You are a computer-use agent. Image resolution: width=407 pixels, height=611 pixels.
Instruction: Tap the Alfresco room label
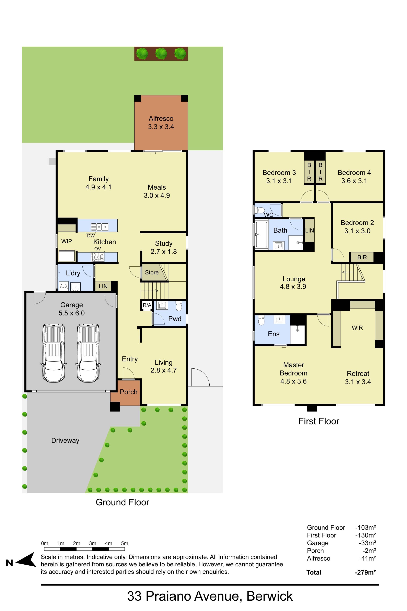(x=161, y=119)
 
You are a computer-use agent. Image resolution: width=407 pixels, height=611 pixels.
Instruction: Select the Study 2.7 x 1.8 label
(x=164, y=247)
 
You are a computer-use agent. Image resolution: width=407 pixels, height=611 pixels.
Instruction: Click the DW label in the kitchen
(x=91, y=236)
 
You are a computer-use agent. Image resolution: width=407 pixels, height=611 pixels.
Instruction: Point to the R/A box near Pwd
(x=147, y=305)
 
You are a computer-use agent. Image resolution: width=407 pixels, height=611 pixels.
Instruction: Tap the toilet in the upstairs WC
(x=260, y=210)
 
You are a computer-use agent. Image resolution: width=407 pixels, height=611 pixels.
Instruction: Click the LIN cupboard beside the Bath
(x=309, y=230)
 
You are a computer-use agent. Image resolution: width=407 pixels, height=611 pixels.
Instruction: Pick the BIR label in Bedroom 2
(x=362, y=257)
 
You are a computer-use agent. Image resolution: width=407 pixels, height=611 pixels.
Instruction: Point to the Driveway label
(x=65, y=440)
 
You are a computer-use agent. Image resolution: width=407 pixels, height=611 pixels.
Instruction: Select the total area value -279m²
(x=365, y=572)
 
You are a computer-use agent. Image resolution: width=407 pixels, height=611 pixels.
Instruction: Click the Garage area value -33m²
(x=368, y=543)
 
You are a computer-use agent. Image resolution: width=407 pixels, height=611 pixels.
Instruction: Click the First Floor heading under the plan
(x=319, y=421)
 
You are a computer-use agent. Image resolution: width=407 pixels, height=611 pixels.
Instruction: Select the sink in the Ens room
(x=279, y=319)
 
